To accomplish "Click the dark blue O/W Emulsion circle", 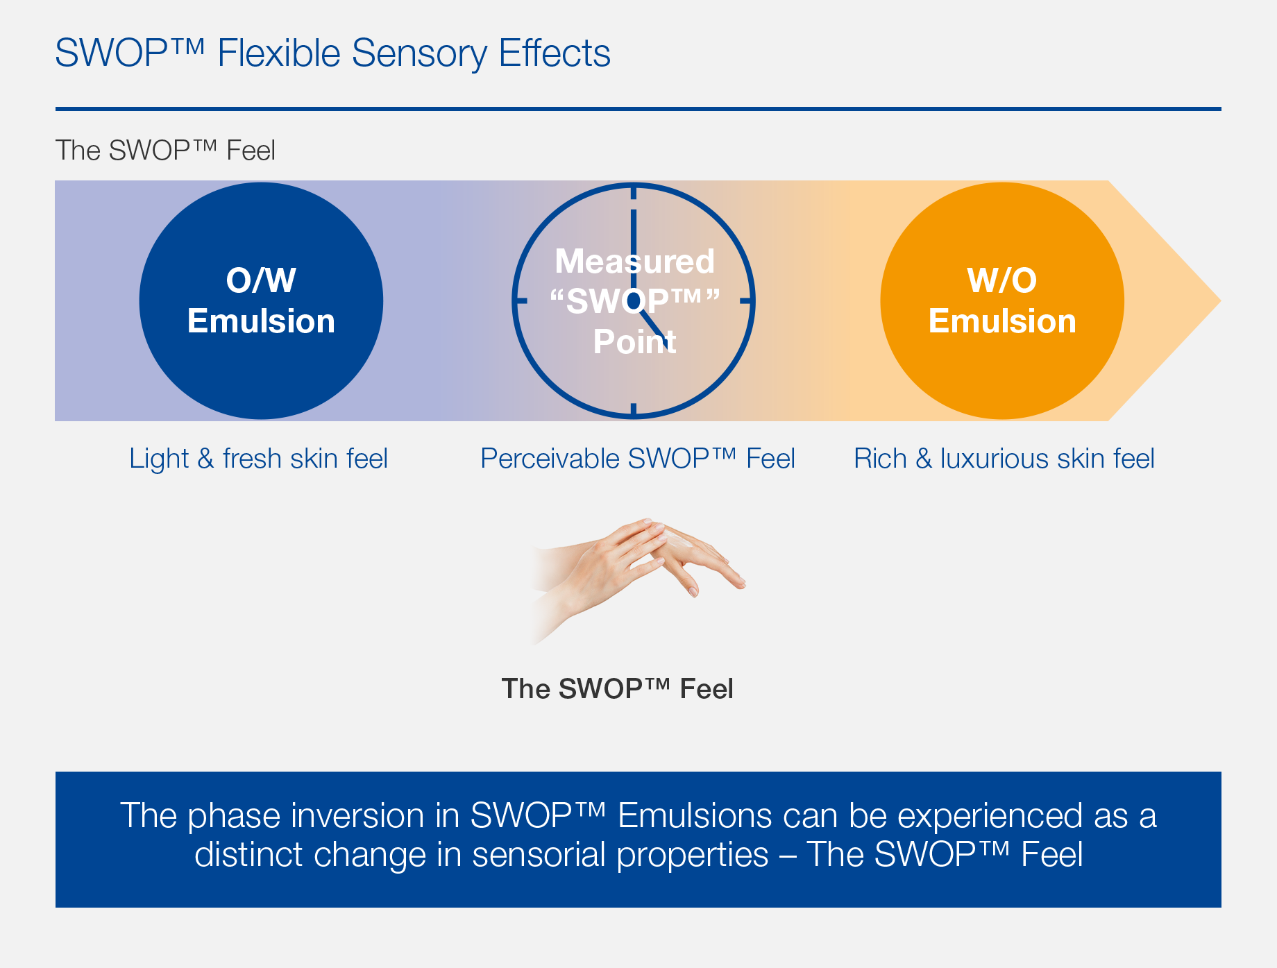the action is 261,300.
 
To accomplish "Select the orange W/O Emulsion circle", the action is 1002,300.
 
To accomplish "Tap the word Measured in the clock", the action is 634,262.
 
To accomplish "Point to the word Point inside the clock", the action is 634,342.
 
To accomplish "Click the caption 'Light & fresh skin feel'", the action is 258,459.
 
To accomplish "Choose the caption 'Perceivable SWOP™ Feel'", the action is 637,459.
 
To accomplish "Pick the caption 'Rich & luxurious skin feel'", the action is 1004,459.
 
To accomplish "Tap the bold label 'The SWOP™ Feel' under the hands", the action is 617,689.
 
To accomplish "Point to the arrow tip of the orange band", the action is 1220,301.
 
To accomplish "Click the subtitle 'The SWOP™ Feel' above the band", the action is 165,151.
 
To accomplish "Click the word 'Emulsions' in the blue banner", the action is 695,815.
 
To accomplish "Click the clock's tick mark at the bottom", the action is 634,410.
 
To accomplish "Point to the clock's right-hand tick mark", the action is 747,301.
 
